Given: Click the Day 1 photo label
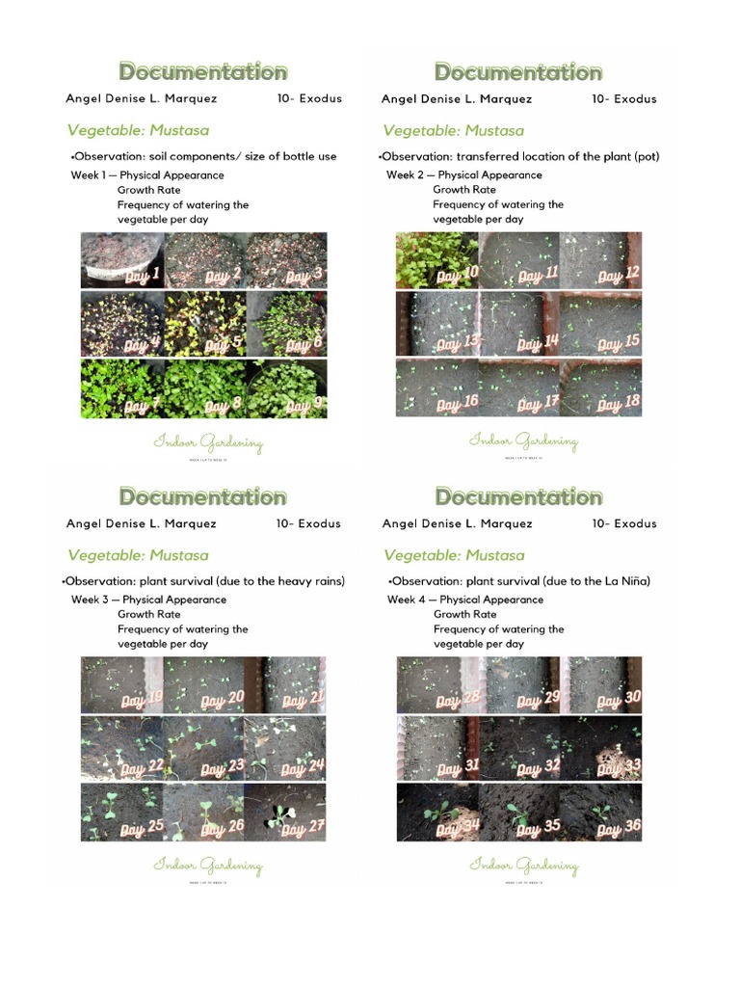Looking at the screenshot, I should click(x=142, y=277).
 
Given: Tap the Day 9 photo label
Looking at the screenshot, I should click(x=304, y=406).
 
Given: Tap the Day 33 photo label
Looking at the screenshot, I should click(x=619, y=767).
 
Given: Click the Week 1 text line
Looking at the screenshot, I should click(x=147, y=175).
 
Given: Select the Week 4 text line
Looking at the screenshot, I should click(x=465, y=600).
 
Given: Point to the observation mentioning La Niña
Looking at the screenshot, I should click(x=519, y=581).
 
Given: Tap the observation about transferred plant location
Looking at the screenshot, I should click(x=519, y=156).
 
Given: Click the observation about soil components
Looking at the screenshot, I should click(x=203, y=156).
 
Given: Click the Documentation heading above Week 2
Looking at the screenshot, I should click(x=518, y=72).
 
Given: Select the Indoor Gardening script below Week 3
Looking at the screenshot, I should click(x=208, y=866).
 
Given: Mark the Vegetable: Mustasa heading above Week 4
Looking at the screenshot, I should click(x=454, y=555).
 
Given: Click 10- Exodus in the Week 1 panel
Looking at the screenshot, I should click(x=308, y=98).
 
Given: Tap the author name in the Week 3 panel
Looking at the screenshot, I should click(x=142, y=523).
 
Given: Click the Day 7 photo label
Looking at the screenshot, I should click(x=142, y=406).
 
